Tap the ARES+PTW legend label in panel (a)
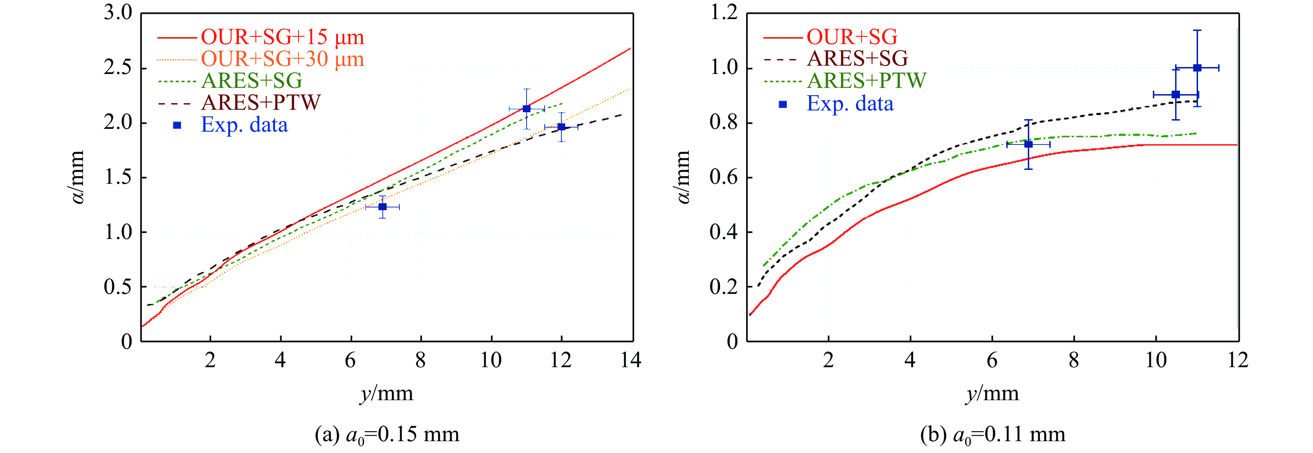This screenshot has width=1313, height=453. (261, 103)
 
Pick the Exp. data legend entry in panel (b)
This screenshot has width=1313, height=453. (850, 104)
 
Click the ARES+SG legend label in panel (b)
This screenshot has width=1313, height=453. (857, 59)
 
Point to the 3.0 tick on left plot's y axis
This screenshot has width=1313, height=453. (118, 13)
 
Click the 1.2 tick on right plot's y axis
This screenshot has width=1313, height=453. (724, 13)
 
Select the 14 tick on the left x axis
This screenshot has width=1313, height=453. (630, 360)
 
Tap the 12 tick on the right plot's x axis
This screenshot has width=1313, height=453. (1238, 360)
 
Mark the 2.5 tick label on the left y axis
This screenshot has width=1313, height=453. (118, 68)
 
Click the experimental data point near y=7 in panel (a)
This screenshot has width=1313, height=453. (382, 207)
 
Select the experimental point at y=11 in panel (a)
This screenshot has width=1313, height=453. (527, 108)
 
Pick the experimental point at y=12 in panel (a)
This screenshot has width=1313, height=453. (561, 127)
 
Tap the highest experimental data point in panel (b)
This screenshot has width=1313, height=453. (1197, 68)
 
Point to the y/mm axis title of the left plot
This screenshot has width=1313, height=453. (386, 393)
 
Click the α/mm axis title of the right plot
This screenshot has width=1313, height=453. (683, 177)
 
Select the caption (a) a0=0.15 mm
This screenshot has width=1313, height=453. (387, 435)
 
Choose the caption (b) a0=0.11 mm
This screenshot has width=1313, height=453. (992, 435)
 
